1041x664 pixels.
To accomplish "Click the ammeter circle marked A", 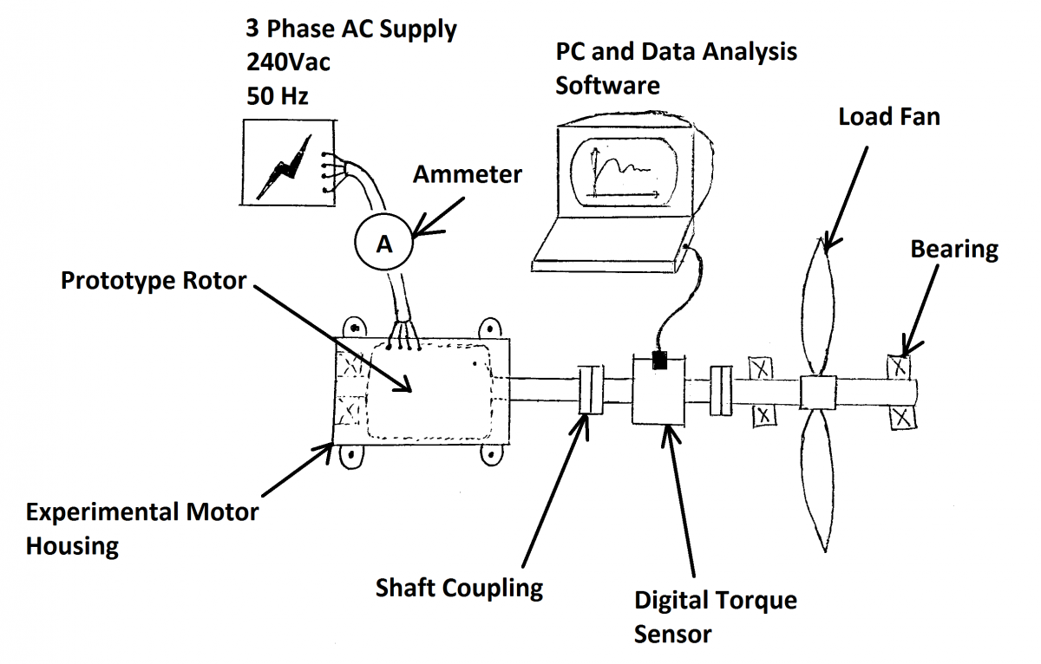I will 383,244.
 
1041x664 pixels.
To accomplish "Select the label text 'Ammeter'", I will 467,174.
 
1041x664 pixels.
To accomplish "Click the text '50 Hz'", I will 278,95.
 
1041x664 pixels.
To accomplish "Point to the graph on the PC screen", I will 621,170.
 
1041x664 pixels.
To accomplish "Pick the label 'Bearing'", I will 954,250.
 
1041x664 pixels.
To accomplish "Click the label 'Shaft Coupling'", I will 459,589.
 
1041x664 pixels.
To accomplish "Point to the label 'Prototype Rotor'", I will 154,282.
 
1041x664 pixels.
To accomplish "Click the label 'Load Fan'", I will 888,116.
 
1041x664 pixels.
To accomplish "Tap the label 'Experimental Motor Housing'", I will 141,529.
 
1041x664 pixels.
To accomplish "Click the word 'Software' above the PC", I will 607,86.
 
